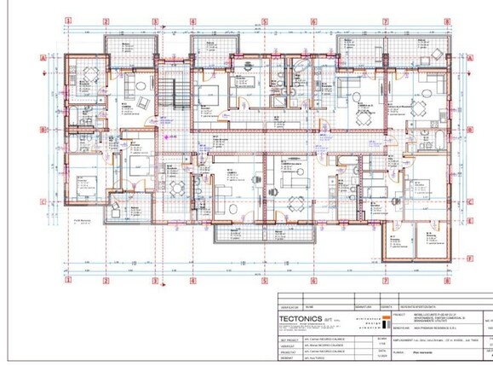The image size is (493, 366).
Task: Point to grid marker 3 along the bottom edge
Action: click(154, 279)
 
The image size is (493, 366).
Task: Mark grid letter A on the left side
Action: click(42, 58)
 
